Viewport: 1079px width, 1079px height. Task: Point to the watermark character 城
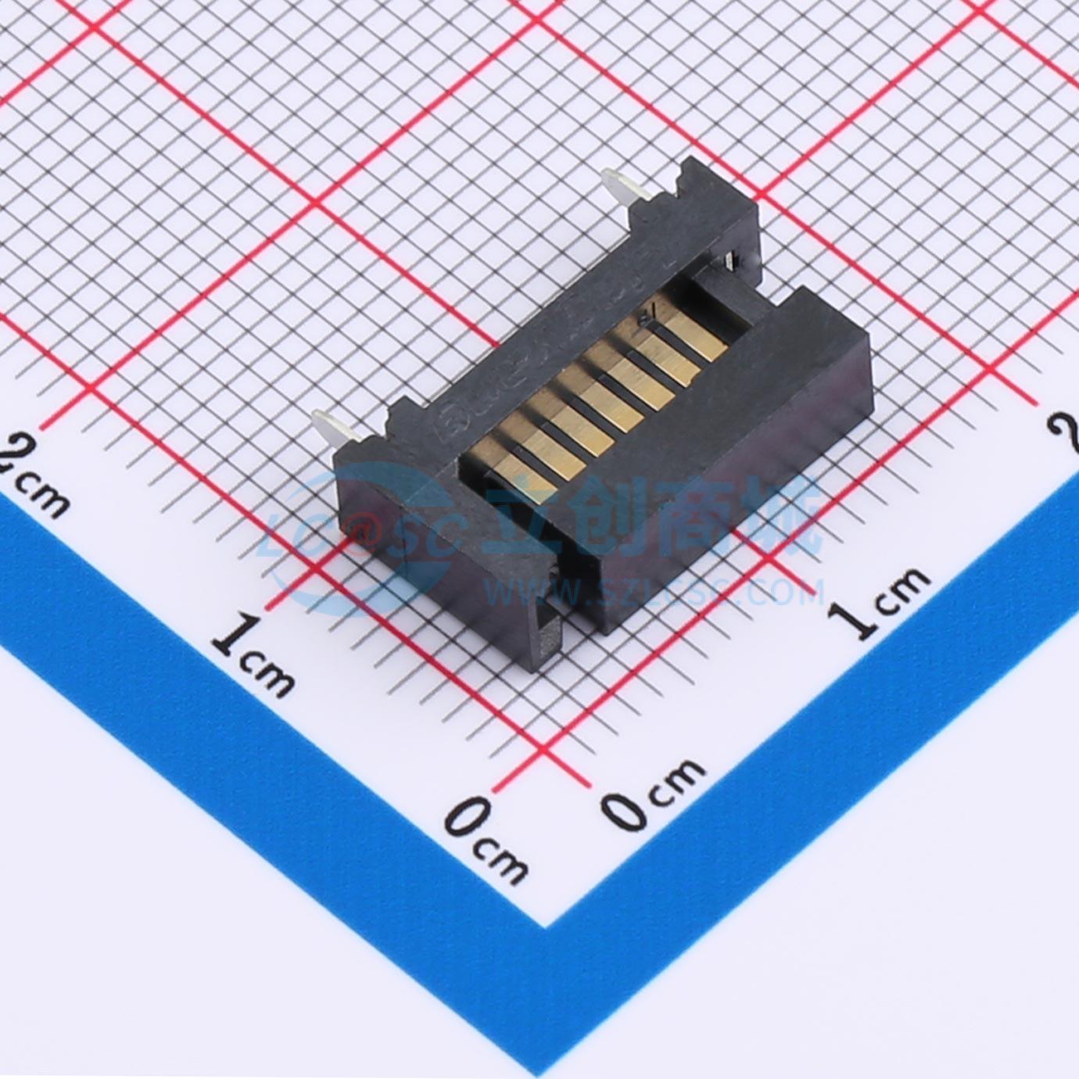pos(782,516)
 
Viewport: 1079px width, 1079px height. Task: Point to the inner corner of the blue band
pos(545,926)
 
